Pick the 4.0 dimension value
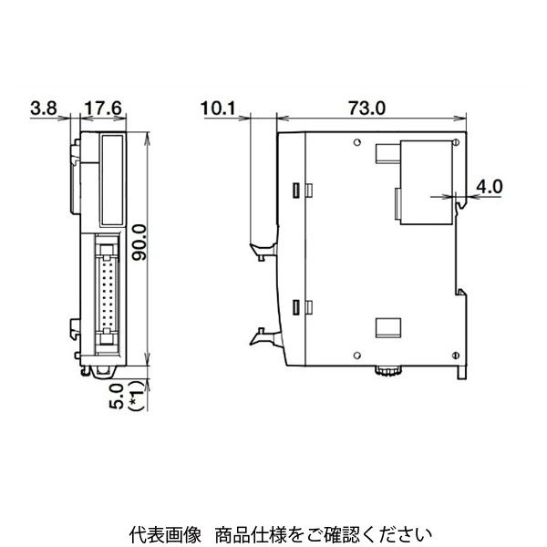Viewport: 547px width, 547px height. pos(490,187)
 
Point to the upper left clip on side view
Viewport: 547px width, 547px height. pos(261,248)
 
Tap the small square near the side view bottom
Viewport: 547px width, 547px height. pos(387,326)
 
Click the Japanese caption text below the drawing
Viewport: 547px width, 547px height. pos(273,532)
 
